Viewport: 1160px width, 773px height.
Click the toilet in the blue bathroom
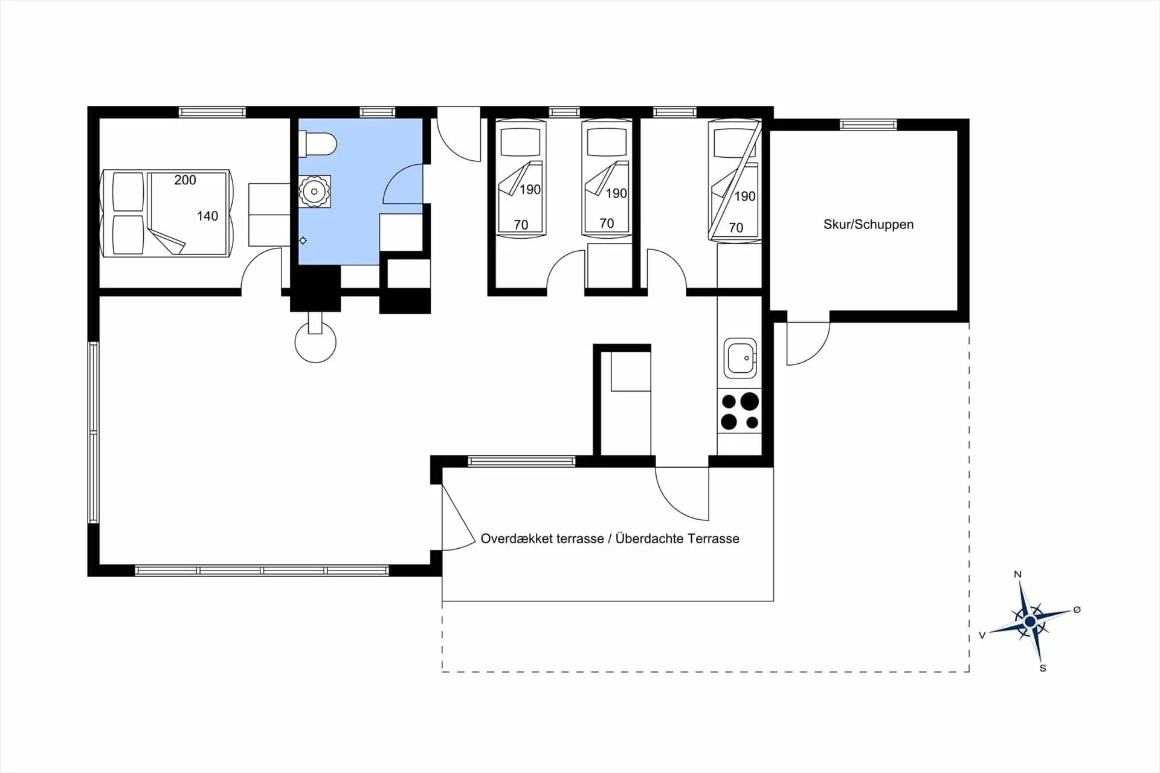pyautogui.click(x=318, y=144)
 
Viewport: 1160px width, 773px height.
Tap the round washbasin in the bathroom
pyautogui.click(x=314, y=192)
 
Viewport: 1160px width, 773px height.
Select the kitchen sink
pyautogui.click(x=739, y=358)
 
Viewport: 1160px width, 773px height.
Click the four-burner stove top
pyautogui.click(x=739, y=412)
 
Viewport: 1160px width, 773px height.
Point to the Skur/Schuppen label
pyautogui.click(x=868, y=224)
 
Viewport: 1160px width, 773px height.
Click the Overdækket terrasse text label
pyautogui.click(x=542, y=539)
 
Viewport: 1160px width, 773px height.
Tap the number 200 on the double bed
pyautogui.click(x=185, y=180)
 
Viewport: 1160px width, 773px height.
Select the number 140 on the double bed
pyautogui.click(x=207, y=216)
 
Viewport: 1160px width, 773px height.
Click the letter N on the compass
pyautogui.click(x=1017, y=574)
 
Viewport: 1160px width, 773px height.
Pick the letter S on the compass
pyautogui.click(x=1043, y=668)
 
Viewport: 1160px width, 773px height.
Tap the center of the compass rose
pyautogui.click(x=1030, y=621)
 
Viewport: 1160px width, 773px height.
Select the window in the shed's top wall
pyautogui.click(x=868, y=125)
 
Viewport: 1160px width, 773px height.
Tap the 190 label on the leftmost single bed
pyautogui.click(x=530, y=190)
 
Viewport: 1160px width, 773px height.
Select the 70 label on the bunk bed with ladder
pyautogui.click(x=735, y=228)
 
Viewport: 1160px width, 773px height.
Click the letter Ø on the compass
pyautogui.click(x=1077, y=610)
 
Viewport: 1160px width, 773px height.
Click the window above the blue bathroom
pyautogui.click(x=378, y=112)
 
